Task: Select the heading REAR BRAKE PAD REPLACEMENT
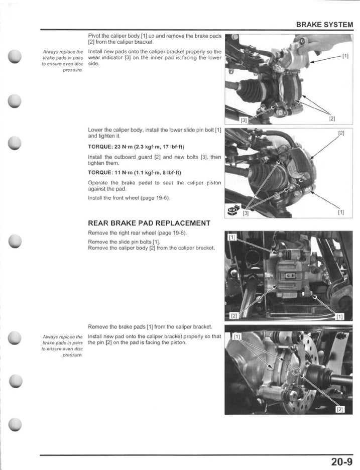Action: click(149, 223)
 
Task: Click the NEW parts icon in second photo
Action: click(233, 211)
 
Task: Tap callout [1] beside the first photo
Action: click(345, 56)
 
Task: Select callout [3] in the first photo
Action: click(244, 120)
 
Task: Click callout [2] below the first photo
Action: click(332, 119)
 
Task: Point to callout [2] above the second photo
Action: click(341, 133)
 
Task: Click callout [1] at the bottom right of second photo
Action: click(341, 212)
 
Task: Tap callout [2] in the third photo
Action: click(233, 315)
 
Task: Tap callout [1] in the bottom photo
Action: click(237, 336)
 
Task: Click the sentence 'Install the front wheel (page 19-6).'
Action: click(129, 198)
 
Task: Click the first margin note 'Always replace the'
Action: click(63, 52)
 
